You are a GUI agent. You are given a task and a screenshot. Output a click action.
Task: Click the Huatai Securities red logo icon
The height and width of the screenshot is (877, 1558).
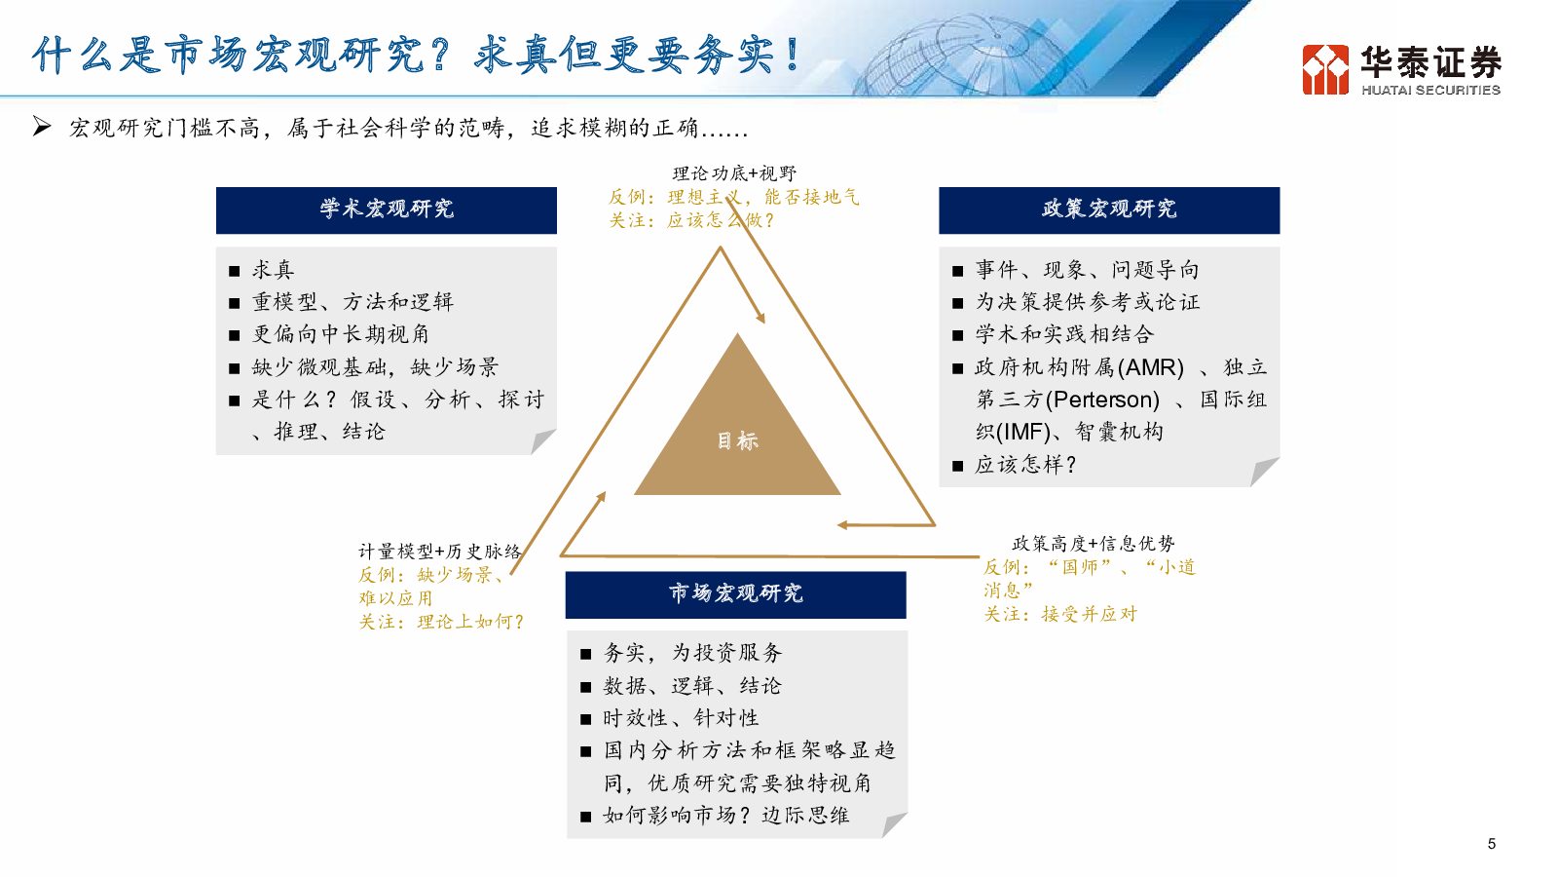tap(1325, 69)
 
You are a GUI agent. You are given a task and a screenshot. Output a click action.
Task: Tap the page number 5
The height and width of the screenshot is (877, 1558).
tap(1491, 844)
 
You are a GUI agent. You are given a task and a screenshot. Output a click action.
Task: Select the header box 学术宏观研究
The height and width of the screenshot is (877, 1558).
tap(386, 210)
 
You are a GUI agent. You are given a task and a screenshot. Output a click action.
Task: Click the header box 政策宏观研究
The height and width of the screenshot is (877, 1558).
tap(1109, 210)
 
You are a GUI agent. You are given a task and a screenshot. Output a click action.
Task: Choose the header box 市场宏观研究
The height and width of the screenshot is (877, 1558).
tap(736, 594)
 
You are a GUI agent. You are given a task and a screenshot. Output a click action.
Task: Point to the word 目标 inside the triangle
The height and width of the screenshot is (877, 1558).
tap(737, 440)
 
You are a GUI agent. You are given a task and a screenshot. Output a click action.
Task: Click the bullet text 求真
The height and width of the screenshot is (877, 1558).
tap(274, 270)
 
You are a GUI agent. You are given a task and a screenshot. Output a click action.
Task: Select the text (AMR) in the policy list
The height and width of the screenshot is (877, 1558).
tap(1150, 366)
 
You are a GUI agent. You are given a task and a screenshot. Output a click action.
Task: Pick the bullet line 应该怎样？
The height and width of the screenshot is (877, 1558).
tap(1026, 465)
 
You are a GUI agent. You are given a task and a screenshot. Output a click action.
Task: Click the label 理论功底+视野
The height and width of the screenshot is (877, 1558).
tap(734, 173)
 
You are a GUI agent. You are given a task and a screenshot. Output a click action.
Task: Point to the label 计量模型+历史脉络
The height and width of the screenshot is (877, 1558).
tap(439, 552)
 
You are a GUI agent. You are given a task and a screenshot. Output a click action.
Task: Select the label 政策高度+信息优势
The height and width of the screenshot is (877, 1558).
tap(1093, 544)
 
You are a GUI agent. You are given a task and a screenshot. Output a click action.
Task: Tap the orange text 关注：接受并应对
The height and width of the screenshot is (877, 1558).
tap(1060, 614)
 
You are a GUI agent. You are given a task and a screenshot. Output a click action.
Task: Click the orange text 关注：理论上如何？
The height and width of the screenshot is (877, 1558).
tap(442, 622)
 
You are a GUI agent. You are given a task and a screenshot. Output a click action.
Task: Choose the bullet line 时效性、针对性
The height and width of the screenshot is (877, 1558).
tap(681, 718)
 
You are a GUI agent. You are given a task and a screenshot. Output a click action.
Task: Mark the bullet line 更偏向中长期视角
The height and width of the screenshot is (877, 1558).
tap(340, 335)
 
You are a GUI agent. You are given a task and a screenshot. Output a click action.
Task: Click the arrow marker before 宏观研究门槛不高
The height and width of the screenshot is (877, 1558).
tap(42, 127)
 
